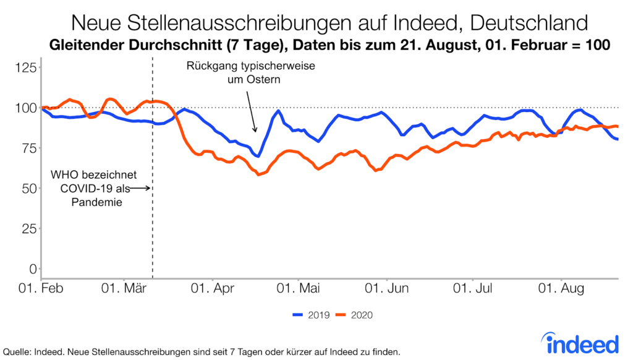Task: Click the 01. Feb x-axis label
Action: [x=42, y=289]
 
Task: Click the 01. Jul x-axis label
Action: [x=472, y=289]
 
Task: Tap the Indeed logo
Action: [x=581, y=342]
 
